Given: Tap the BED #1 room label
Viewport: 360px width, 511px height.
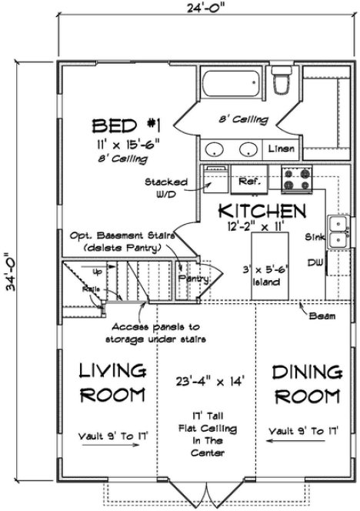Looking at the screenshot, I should click(x=125, y=125).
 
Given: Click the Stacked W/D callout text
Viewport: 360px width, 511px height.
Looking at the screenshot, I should click(x=166, y=188).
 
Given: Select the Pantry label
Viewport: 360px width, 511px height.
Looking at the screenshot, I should click(x=188, y=279).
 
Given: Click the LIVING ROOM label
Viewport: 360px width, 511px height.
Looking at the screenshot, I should click(x=113, y=383).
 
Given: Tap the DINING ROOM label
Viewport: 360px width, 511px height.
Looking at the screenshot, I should click(x=306, y=384).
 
